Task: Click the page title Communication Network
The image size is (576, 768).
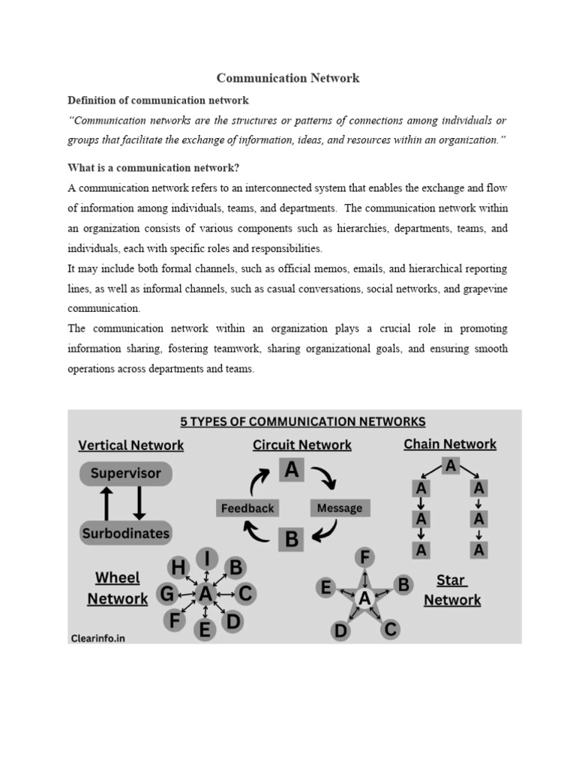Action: tap(288, 78)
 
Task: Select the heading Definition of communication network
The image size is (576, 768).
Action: tap(158, 100)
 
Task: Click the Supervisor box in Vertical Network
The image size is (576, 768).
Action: tap(125, 474)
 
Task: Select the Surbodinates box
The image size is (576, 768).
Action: tap(125, 533)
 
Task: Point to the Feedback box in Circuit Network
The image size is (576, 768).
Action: tap(247, 508)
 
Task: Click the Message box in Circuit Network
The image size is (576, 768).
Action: tap(339, 508)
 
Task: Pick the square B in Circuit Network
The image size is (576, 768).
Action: tap(291, 539)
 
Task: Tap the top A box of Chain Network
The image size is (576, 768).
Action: tap(450, 466)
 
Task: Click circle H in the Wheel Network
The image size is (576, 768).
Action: tap(178, 567)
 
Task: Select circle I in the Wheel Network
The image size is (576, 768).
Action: tap(207, 559)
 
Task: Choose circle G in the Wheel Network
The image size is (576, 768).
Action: tap(166, 595)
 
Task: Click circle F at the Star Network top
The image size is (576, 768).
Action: tap(364, 557)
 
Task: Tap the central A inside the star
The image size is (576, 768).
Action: tap(364, 598)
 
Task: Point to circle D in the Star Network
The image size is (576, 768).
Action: tap(341, 631)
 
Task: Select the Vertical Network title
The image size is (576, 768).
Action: tap(130, 445)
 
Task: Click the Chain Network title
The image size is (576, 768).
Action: tap(450, 444)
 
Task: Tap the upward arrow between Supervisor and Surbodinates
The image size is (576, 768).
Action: tap(106, 503)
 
